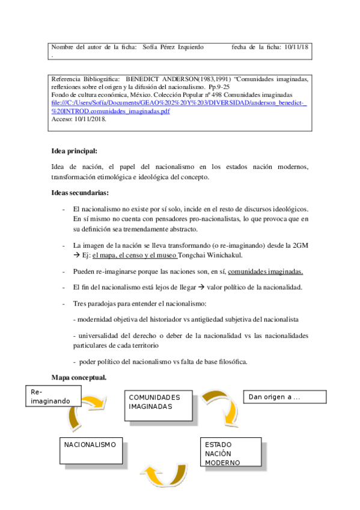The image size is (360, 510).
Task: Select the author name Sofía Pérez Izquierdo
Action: tap(173, 47)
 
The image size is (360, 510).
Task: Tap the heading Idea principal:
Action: tap(75, 150)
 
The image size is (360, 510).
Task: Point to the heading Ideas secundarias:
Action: tap(80, 193)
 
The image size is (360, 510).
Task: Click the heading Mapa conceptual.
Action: tap(79, 378)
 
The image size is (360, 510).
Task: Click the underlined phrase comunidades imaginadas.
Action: tap(265, 271)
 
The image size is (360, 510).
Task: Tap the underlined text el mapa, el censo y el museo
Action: tap(135, 256)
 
